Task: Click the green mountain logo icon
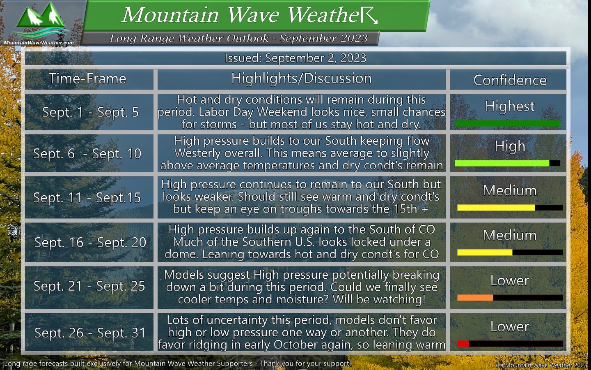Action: click(x=41, y=20)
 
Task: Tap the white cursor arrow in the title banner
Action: click(x=369, y=15)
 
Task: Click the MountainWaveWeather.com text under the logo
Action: click(x=39, y=43)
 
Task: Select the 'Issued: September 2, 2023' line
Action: click(x=295, y=58)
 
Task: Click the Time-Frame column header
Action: click(x=87, y=79)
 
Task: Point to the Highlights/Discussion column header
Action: click(x=301, y=79)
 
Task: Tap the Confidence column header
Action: click(x=510, y=80)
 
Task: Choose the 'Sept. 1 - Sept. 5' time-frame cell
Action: click(x=90, y=112)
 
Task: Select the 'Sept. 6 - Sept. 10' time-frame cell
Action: click(x=87, y=154)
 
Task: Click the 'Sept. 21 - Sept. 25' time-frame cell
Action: click(x=89, y=286)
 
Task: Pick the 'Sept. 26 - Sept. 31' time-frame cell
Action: click(x=90, y=333)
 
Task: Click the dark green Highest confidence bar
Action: click(x=508, y=123)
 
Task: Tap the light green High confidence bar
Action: click(x=502, y=163)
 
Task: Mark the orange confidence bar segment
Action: click(x=475, y=298)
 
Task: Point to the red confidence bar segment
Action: click(x=463, y=344)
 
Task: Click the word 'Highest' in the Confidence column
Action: click(x=510, y=106)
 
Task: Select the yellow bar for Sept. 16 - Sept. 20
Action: click(x=485, y=252)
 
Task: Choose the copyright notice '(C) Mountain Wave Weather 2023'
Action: click(x=541, y=365)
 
